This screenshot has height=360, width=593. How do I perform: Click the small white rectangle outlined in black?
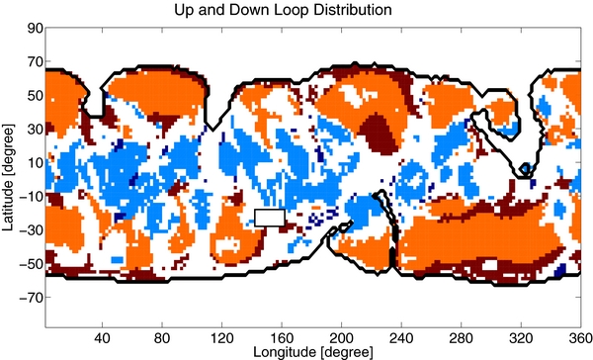(x=270, y=218)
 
